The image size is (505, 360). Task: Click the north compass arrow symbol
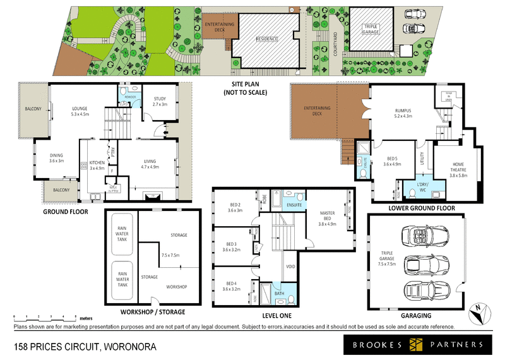[480, 311]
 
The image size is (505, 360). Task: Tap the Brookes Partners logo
[414, 344]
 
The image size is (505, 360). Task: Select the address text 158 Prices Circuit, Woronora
[82, 346]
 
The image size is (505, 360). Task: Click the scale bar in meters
[44, 316]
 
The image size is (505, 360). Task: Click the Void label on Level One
[291, 267]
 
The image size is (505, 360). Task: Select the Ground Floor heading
[65, 212]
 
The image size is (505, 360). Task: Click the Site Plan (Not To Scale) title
[246, 89]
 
